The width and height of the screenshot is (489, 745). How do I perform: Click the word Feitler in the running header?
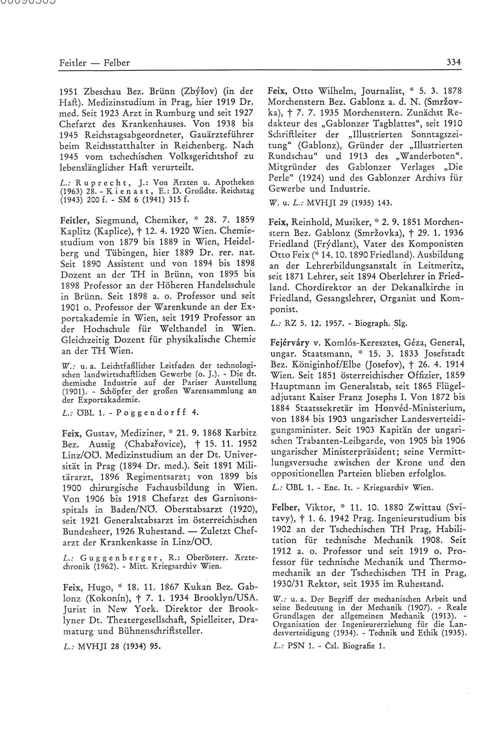tap(73, 63)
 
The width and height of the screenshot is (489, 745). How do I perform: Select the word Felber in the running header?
tap(116, 63)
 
